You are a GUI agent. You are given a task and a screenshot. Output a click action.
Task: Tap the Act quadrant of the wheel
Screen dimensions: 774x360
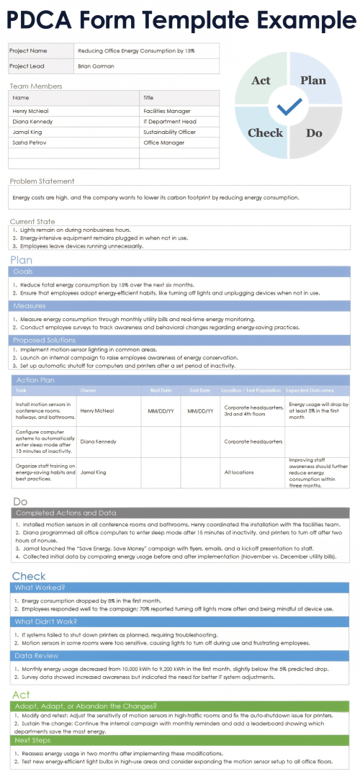(261, 80)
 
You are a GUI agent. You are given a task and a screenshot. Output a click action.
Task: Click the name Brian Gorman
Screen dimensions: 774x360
(96, 66)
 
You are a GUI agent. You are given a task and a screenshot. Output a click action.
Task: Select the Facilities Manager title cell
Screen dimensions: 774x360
(167, 111)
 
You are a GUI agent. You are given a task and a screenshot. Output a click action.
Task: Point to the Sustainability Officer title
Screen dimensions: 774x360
(170, 132)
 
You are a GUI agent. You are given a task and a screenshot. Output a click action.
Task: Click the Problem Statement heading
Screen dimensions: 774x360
(42, 181)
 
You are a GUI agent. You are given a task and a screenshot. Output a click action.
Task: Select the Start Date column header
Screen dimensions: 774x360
(160, 390)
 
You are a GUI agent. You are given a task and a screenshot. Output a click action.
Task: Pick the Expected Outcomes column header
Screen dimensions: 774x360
(312, 390)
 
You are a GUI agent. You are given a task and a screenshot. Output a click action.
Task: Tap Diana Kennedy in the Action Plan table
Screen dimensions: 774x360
(98, 441)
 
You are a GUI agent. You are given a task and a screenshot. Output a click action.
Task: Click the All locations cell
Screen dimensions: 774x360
(239, 472)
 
